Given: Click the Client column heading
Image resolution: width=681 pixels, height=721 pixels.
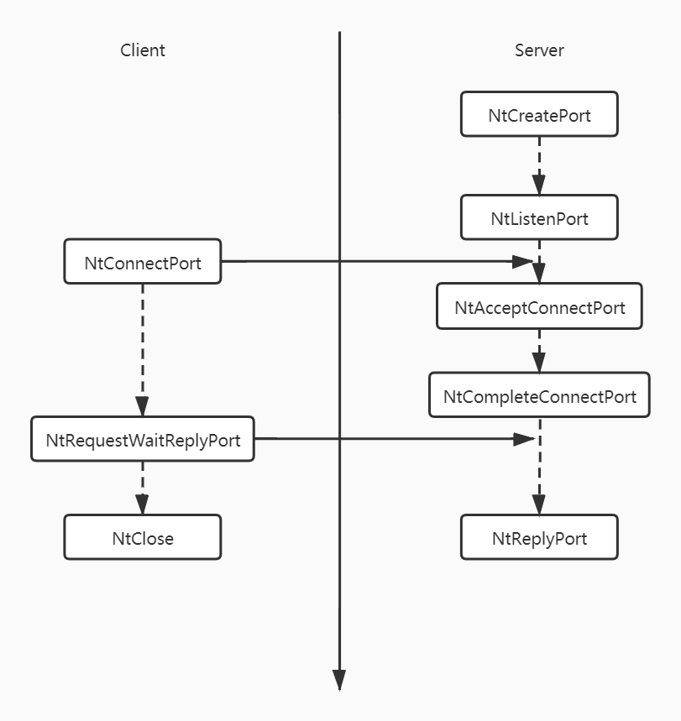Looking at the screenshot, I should pyautogui.click(x=143, y=50).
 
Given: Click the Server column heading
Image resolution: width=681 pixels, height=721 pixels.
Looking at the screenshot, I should pyautogui.click(x=539, y=50).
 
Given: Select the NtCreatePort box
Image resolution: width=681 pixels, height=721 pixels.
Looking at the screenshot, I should pyautogui.click(x=539, y=115).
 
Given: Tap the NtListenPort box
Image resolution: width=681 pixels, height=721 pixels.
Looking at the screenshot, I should pyautogui.click(x=539, y=219).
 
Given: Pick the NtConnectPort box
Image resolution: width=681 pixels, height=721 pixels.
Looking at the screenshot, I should pyautogui.click(x=143, y=263).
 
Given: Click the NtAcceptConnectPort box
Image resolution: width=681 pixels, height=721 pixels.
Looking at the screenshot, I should pyautogui.click(x=539, y=307).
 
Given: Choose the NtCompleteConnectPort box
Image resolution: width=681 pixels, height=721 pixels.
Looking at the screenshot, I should pyautogui.click(x=539, y=395).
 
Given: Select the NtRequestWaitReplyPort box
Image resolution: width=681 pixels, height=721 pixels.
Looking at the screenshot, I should pyautogui.click(x=143, y=440).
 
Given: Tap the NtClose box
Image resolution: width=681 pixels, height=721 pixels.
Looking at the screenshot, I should pyautogui.click(x=143, y=538).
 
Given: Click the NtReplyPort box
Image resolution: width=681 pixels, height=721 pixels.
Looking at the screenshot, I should pyautogui.click(x=539, y=538).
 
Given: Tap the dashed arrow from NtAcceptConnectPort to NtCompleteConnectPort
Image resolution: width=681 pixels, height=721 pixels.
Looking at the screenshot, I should pyautogui.click(x=539, y=351).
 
